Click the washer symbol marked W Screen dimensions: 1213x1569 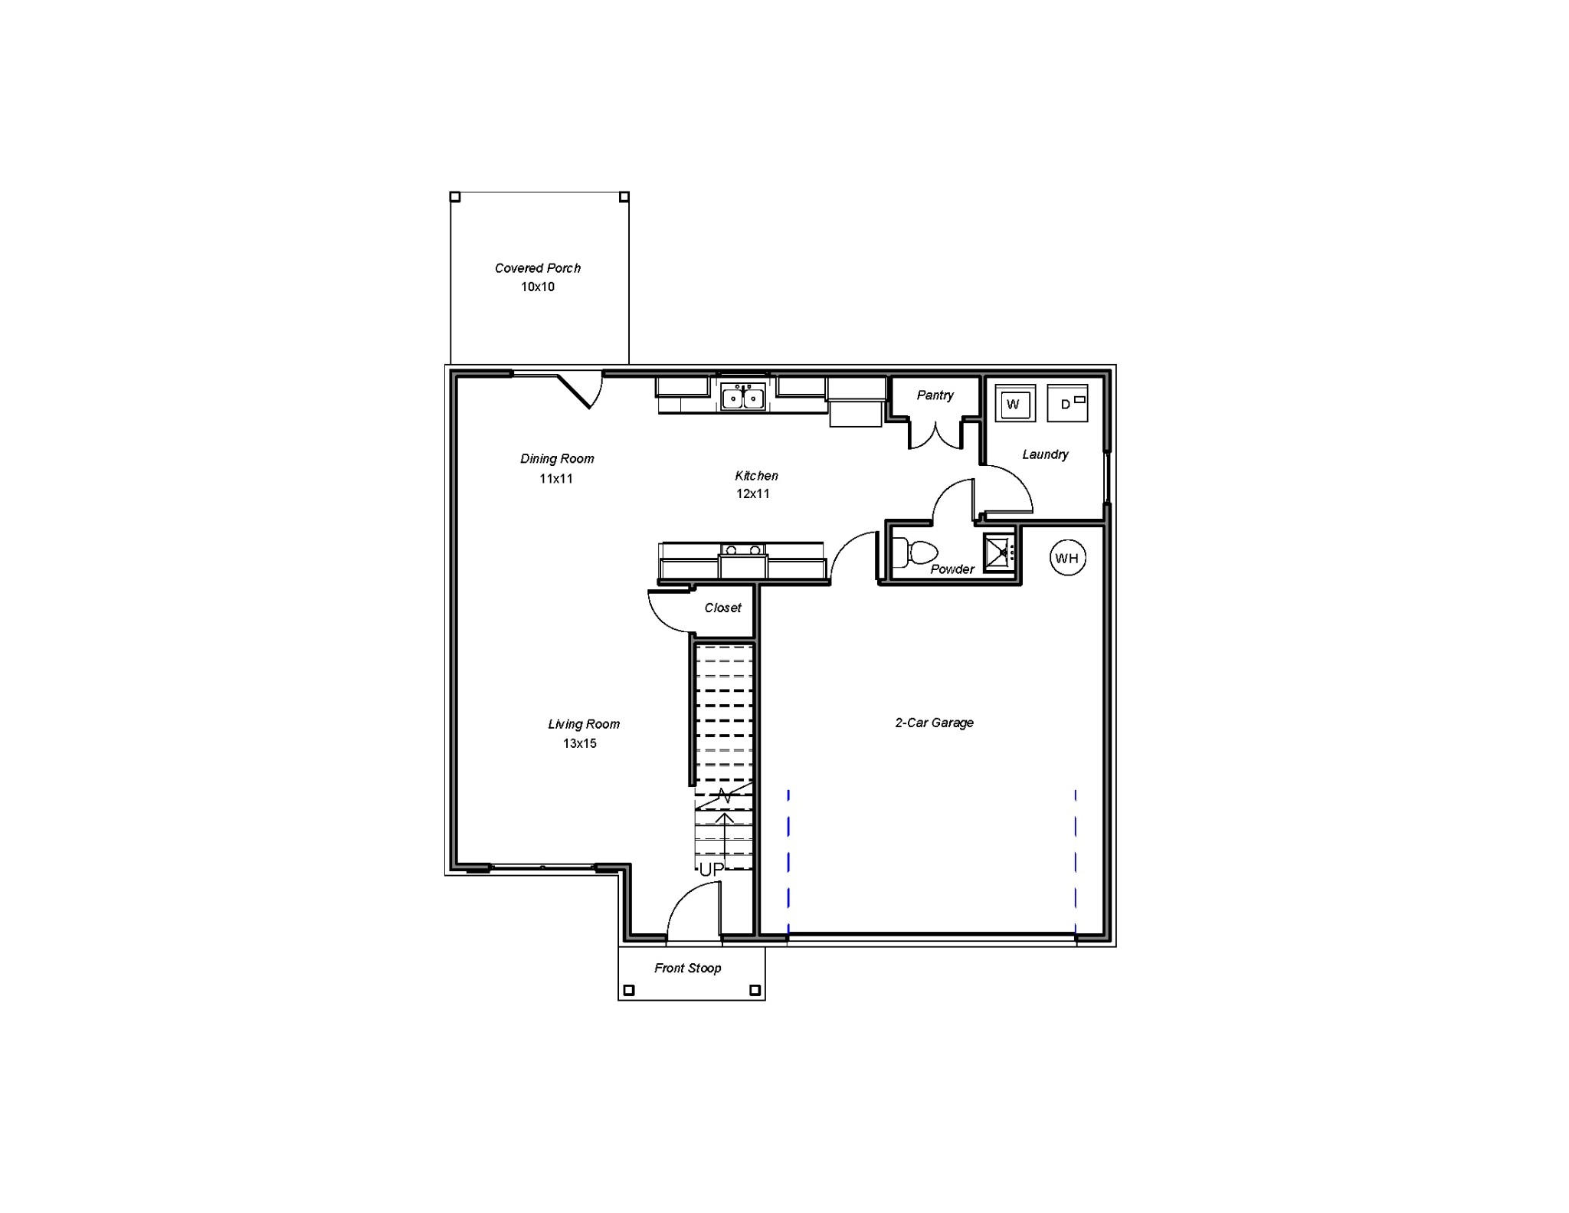click(x=1014, y=404)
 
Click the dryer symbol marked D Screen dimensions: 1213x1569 click(x=1067, y=403)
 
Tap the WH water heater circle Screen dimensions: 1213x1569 click(x=1066, y=558)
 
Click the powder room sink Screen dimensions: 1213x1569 click(x=1000, y=552)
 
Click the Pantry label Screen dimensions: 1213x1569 click(x=935, y=395)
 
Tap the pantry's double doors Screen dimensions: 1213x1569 click(x=935, y=435)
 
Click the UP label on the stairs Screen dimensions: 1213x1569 click(x=711, y=870)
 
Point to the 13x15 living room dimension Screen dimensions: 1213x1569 click(x=579, y=743)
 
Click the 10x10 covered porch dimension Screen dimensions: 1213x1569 click(x=538, y=287)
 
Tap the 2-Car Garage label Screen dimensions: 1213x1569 click(x=934, y=723)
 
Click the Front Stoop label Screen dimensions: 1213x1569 click(x=687, y=969)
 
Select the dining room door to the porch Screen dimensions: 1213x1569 click(x=578, y=390)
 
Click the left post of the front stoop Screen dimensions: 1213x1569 click(x=629, y=990)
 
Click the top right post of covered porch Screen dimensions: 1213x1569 click(x=624, y=197)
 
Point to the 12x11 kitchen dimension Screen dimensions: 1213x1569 click(x=753, y=493)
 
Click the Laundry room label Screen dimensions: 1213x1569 click(x=1045, y=454)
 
